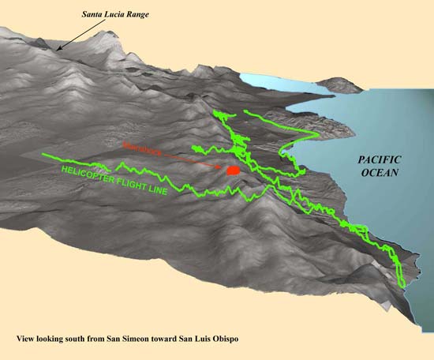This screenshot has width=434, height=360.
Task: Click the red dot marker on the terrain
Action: point(233,170)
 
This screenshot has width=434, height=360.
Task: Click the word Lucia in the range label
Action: point(120,13)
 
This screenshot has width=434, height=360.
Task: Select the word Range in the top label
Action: point(145,14)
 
